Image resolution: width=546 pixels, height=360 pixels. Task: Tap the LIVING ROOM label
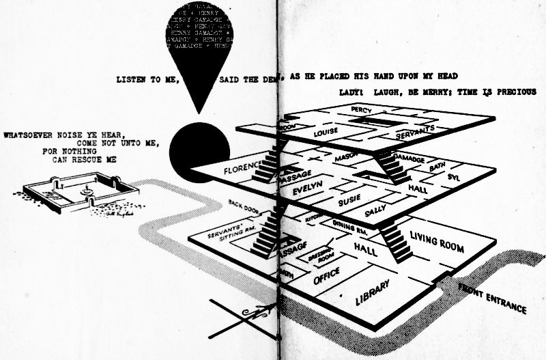[437, 243]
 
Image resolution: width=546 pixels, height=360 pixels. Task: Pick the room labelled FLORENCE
[235, 168]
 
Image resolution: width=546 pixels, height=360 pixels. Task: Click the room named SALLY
[376, 212]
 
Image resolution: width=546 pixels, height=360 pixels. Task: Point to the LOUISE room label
[326, 133]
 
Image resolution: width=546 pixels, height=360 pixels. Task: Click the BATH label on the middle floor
[437, 167]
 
